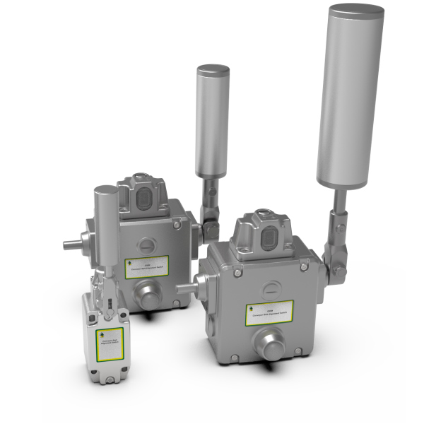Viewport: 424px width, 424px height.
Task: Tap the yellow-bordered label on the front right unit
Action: [269, 313]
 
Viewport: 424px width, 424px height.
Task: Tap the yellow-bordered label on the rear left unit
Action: [146, 266]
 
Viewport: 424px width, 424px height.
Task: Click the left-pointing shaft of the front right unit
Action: [185, 285]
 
